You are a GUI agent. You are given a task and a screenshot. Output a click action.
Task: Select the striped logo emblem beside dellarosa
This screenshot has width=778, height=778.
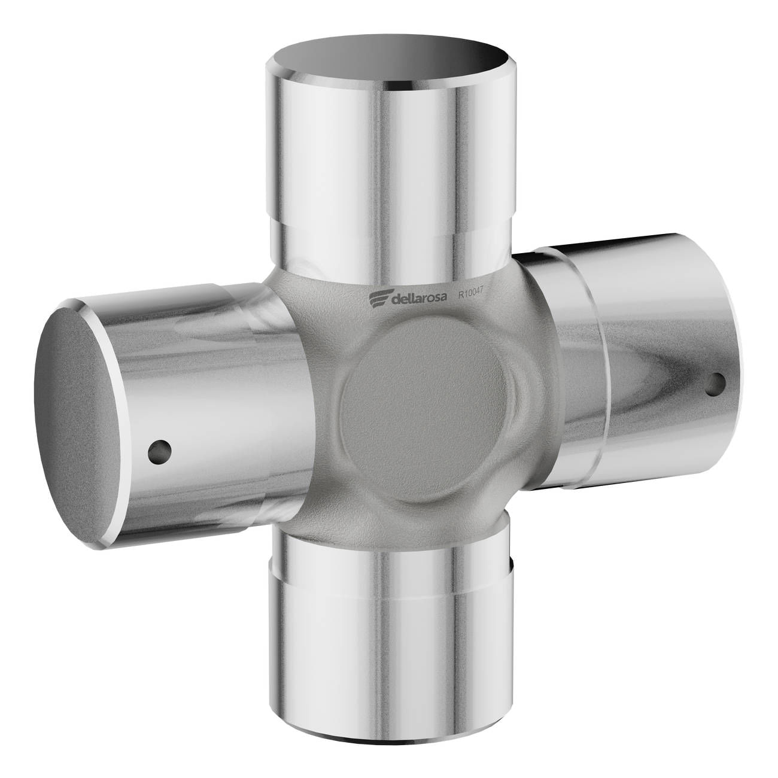coord(379,300)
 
